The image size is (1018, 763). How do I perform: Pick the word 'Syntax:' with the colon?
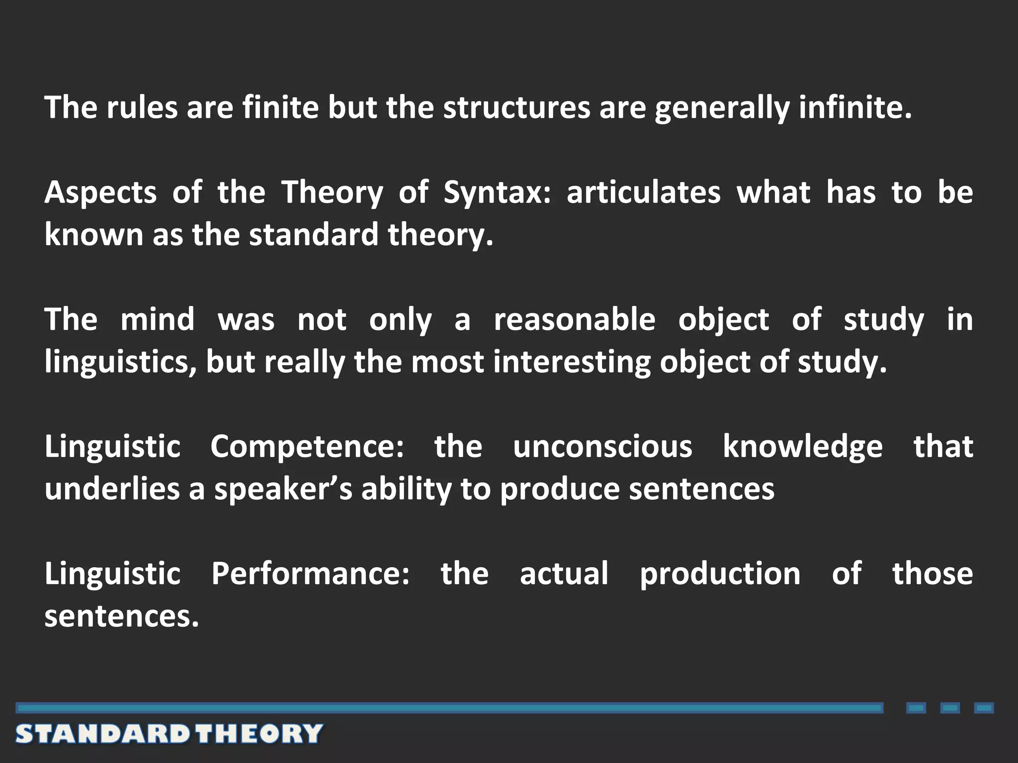[x=497, y=193]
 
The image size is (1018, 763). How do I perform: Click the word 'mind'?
[x=158, y=319]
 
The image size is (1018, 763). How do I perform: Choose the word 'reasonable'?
[x=575, y=319]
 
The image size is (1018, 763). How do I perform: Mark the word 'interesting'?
[x=572, y=362]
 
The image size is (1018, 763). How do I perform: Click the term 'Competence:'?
[x=307, y=446]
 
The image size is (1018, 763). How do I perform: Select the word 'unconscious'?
[x=602, y=446]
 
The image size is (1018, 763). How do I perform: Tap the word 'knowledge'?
[x=802, y=446]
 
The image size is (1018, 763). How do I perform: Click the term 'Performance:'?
[x=311, y=573]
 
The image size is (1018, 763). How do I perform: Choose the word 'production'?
[x=720, y=574]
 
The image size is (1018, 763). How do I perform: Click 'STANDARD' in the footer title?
[x=102, y=734]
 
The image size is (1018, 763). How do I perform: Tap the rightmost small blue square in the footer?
[x=984, y=708]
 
